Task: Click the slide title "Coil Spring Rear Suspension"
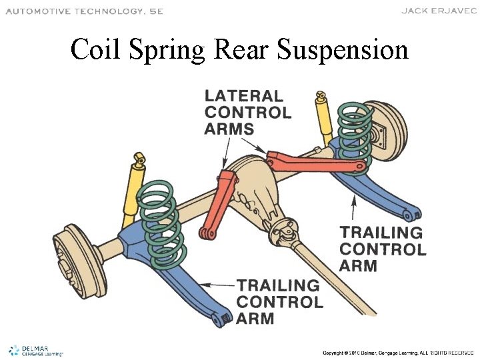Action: point(239,49)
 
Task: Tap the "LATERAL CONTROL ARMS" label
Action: point(247,112)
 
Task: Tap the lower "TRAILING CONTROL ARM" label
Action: point(279,301)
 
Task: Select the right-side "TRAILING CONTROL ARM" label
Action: point(382,249)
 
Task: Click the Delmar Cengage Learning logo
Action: point(35,350)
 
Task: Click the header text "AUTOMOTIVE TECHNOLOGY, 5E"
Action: point(84,11)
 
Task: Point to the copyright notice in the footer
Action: point(398,351)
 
